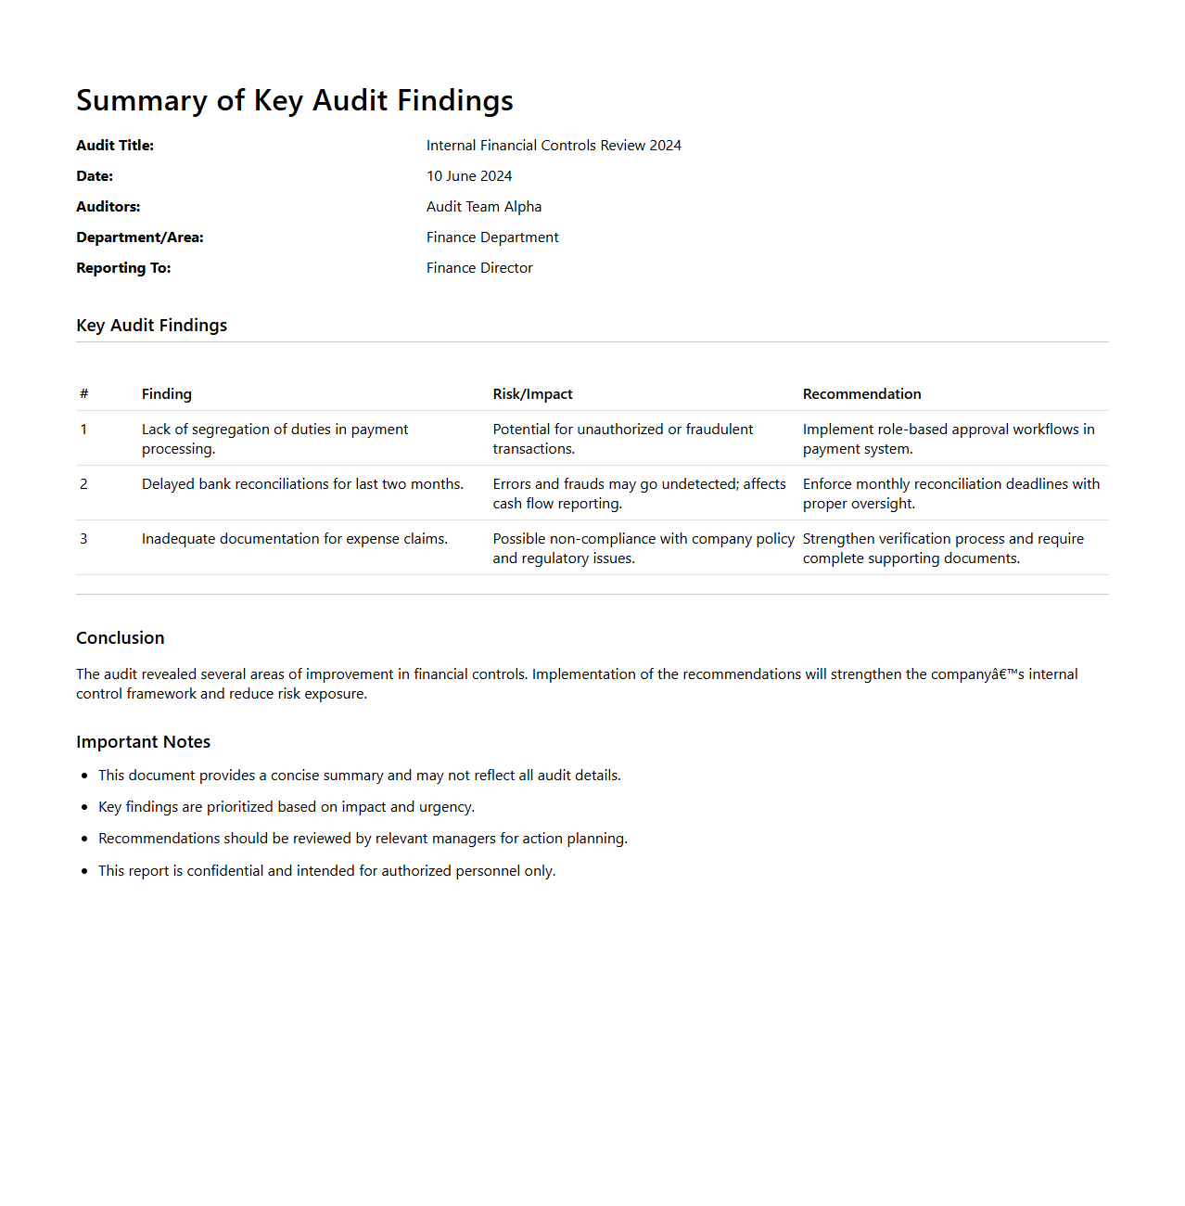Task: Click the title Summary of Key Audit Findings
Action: (x=294, y=100)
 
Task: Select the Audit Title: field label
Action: (x=115, y=146)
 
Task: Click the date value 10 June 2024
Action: (x=468, y=176)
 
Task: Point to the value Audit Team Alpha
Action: (x=483, y=207)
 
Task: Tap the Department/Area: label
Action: (x=139, y=237)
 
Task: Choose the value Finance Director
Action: (x=479, y=268)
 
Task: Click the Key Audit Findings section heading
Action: (x=151, y=326)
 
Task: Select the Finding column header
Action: (x=167, y=394)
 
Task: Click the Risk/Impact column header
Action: (x=532, y=394)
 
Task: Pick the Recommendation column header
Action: (x=861, y=394)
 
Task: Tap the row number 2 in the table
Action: (x=83, y=484)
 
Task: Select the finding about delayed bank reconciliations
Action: (x=302, y=484)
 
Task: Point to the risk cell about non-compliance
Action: (x=643, y=548)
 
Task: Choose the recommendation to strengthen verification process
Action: (x=942, y=548)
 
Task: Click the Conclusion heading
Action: (x=121, y=638)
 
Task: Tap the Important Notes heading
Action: (x=143, y=742)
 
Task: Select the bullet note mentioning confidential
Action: (x=326, y=871)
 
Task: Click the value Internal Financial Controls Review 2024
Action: (x=554, y=146)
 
